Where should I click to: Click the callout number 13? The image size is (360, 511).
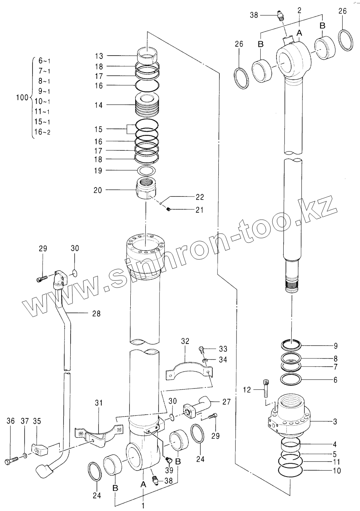[x=99, y=56]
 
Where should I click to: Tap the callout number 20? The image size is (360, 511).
[x=98, y=190]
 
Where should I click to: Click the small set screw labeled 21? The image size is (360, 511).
[x=170, y=210]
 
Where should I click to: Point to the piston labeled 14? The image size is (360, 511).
[x=146, y=105]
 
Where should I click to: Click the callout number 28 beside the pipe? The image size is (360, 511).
[x=96, y=313]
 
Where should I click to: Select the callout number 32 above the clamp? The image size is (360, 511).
[x=185, y=341]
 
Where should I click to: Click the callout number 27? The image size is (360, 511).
[x=226, y=402]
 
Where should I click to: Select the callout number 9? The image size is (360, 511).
[x=335, y=345]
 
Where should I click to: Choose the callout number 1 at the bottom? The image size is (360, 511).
[x=143, y=505]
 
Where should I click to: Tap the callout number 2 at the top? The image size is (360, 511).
[x=299, y=11]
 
